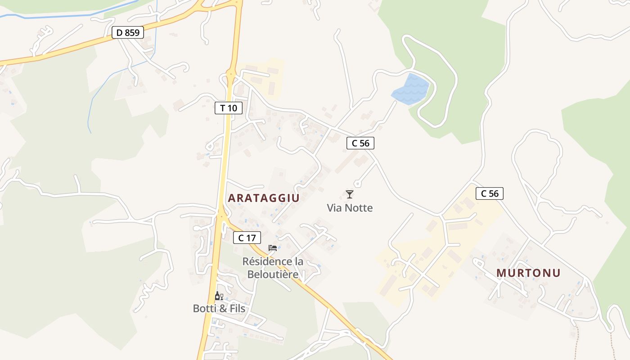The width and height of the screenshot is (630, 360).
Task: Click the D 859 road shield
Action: tap(128, 32)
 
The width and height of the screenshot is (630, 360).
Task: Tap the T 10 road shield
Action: tap(229, 108)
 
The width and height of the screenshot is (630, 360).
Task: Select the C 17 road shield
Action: tap(247, 238)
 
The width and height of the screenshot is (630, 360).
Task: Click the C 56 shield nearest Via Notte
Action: tap(360, 143)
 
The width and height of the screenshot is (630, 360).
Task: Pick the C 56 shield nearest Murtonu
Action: tap(490, 193)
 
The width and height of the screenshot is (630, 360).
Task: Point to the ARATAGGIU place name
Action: tap(264, 198)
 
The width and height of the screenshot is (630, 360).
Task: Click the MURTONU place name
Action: tap(529, 273)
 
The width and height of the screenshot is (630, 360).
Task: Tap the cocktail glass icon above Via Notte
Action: tap(350, 194)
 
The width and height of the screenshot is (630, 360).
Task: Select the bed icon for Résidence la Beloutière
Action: tap(273, 247)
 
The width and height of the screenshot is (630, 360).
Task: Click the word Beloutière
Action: tap(273, 274)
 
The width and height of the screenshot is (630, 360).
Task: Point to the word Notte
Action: tap(358, 208)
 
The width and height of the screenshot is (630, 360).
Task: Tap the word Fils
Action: tap(237, 309)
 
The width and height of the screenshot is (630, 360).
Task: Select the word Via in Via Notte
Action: tap(334, 208)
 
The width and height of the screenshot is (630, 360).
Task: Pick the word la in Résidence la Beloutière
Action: tap(298, 261)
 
